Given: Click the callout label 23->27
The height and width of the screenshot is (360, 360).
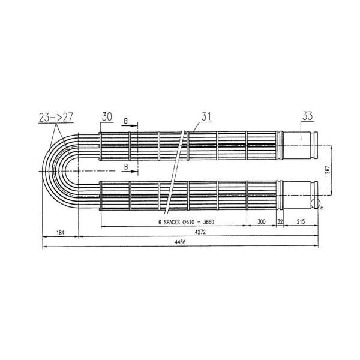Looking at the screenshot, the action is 56,118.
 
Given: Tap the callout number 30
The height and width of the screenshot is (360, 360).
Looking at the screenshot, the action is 107,116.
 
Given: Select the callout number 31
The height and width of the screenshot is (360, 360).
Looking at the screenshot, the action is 206,116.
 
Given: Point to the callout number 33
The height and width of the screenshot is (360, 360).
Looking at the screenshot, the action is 307,116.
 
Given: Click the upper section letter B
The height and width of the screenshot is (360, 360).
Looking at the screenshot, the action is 125,121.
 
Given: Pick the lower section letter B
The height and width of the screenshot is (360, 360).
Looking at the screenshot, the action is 126,167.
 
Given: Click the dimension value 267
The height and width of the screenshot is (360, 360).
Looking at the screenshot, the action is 328,170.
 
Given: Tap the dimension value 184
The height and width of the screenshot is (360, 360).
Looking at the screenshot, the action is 60,233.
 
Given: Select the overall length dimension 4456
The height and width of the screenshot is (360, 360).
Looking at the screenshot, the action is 180,242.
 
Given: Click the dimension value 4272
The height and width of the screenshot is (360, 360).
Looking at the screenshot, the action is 200,232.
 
